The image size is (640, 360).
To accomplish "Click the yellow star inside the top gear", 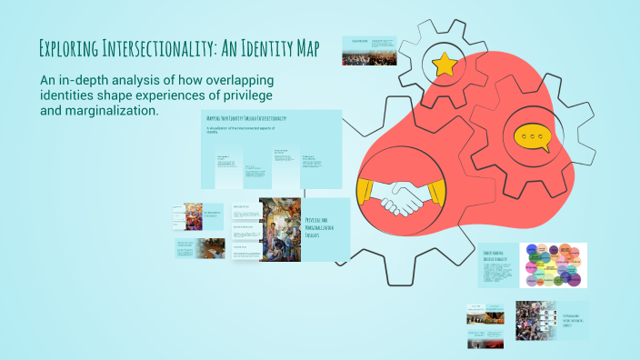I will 445,64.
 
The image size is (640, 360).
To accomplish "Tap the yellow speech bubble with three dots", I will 533,137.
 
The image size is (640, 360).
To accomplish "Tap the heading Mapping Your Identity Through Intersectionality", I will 247,119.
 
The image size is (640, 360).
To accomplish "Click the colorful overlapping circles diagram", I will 553,265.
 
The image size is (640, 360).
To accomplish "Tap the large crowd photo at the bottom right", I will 543,325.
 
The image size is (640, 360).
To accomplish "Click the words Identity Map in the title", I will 283,47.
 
